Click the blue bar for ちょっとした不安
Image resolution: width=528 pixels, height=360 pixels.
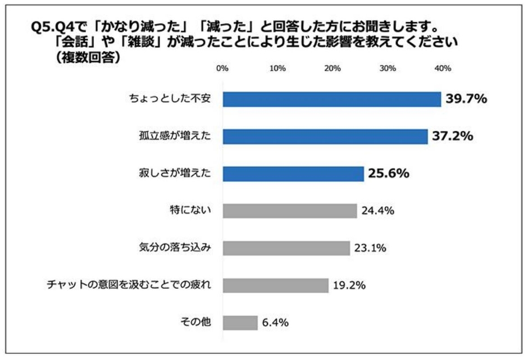click(332, 99)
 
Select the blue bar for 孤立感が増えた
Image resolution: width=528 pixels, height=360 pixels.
click(325, 136)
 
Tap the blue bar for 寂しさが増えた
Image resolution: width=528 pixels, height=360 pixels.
click(293, 174)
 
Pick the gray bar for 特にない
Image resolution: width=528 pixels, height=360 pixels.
click(290, 211)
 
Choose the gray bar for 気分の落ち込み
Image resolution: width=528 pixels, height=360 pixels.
click(286, 248)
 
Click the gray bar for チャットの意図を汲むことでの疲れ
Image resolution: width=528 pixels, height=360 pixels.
click(275, 285)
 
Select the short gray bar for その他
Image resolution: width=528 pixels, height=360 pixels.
click(240, 322)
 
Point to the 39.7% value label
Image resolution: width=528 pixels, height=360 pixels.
click(466, 99)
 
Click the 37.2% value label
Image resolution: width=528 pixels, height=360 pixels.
click(453, 136)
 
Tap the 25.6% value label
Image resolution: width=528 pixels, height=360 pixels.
click(388, 174)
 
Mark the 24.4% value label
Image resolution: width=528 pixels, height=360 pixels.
click(378, 211)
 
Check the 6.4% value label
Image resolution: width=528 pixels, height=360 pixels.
click(275, 322)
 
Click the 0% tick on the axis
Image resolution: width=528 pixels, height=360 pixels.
click(222, 69)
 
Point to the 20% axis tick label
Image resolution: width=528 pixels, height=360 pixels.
click(333, 69)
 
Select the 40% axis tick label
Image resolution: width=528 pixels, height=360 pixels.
click(443, 69)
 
